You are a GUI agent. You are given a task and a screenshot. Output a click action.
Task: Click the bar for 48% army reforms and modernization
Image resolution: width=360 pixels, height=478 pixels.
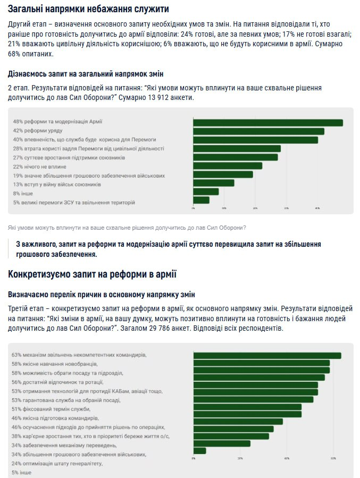pyautogui.click(x=267, y=122)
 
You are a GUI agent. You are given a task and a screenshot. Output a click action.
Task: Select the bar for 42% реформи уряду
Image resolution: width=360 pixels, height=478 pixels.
pyautogui.click(x=258, y=131)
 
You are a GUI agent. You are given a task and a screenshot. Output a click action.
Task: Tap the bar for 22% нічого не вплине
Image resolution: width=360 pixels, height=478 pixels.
pyautogui.click(x=228, y=166)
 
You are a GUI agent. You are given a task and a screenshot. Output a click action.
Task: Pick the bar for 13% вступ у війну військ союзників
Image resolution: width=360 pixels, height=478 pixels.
pyautogui.click(x=213, y=183)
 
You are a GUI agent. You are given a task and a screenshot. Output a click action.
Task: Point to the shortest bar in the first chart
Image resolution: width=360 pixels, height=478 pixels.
pyautogui.click(x=201, y=200)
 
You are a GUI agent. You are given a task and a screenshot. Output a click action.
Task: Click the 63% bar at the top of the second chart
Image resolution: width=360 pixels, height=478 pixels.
pyautogui.click(x=267, y=355)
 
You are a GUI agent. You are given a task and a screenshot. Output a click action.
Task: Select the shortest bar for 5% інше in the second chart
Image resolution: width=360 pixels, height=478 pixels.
pyautogui.click(x=199, y=451)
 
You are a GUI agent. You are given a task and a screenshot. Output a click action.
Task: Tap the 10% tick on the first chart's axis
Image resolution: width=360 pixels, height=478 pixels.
pyautogui.click(x=224, y=208)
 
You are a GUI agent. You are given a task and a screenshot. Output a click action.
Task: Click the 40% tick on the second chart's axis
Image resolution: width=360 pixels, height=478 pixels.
pyautogui.click(x=287, y=458)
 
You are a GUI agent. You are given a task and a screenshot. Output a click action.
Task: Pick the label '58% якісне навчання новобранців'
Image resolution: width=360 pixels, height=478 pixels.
pyautogui.click(x=54, y=364)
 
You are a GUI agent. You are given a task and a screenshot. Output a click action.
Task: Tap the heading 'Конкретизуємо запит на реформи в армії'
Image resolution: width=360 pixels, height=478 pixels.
pyautogui.click(x=92, y=274)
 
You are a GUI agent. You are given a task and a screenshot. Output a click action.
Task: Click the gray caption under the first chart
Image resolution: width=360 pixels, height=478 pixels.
pyautogui.click(x=127, y=228)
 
